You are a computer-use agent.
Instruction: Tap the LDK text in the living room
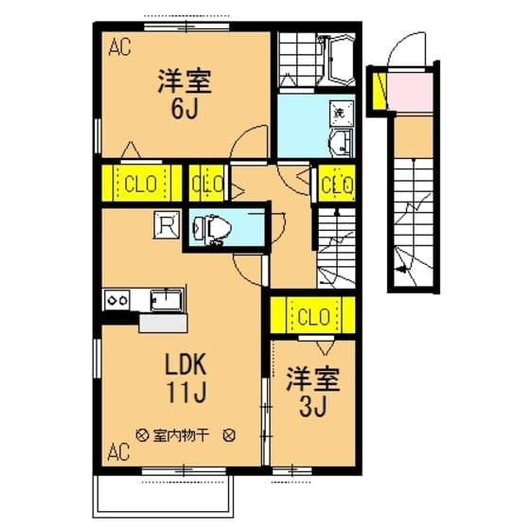[x=191, y=364]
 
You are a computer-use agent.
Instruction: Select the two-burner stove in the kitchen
[x=118, y=300]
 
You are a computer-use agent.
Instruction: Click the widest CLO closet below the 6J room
[x=142, y=184]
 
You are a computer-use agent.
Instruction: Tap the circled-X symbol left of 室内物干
[x=142, y=436]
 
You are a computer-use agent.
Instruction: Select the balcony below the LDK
[x=166, y=492]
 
